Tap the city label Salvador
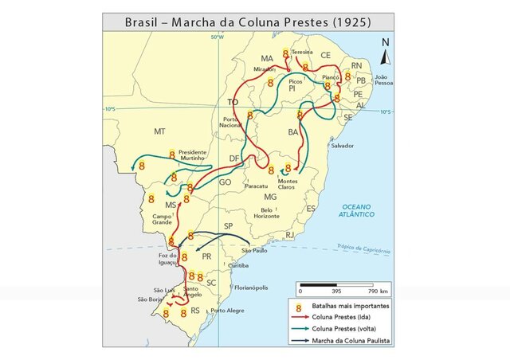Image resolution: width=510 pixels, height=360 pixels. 342,146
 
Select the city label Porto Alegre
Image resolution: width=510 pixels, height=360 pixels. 227,311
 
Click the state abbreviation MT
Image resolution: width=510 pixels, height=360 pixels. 159,130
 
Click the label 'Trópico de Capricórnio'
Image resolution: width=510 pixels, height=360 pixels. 363,248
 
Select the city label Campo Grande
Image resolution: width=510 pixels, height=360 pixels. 163,217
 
